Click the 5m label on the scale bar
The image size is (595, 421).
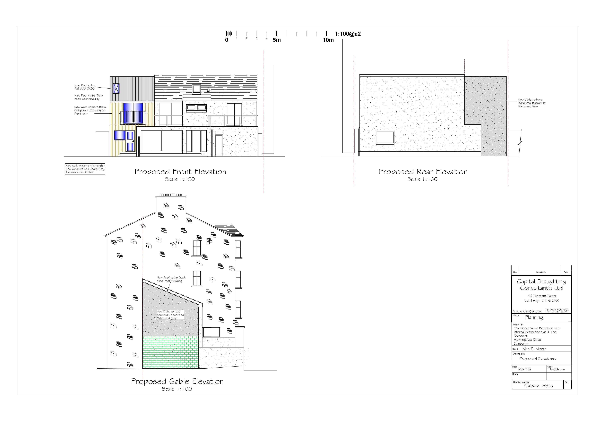pyautogui.click(x=277, y=40)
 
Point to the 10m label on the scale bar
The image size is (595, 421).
pyautogui.click(x=328, y=40)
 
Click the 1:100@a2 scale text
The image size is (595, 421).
pyautogui.click(x=348, y=34)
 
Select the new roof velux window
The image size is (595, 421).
pyautogui.click(x=116, y=88)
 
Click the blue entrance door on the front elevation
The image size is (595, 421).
pyautogui.click(x=130, y=141)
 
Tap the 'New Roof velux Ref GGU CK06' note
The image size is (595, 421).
pyautogui.click(x=85, y=87)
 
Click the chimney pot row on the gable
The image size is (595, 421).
pyautogui.click(x=171, y=195)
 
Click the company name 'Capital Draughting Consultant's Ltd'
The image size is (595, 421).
pyautogui.click(x=541, y=285)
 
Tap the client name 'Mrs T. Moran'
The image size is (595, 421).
pyautogui.click(x=534, y=349)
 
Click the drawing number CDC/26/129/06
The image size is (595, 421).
pyautogui.click(x=538, y=386)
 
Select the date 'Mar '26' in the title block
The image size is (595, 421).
pyautogui.click(x=525, y=369)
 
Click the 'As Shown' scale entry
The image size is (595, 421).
pyautogui.click(x=557, y=369)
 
